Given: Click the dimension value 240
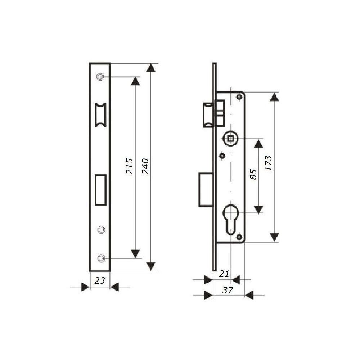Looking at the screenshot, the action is click(145, 166).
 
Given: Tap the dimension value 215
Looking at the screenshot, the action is click(129, 166).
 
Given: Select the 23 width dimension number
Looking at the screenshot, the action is click(100, 280).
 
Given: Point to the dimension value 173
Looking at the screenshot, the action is click(269, 163).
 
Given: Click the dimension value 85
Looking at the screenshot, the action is click(253, 175).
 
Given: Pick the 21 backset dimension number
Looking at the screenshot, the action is click(224, 274).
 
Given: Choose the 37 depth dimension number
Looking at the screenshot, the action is click(228, 290).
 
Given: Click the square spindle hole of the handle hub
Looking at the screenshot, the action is click(230, 139).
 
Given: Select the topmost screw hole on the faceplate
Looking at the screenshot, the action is click(100, 77).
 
